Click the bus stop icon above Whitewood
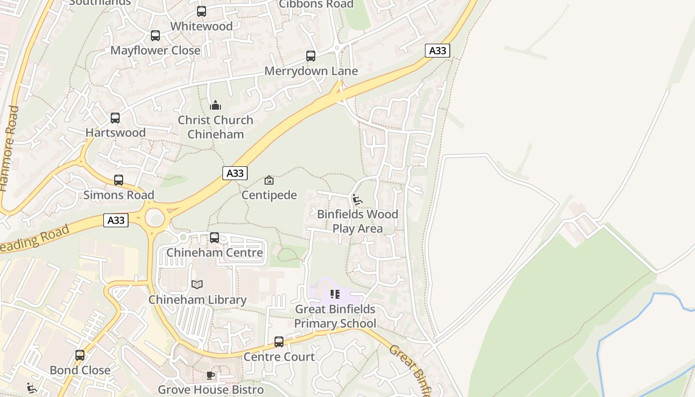[202, 11]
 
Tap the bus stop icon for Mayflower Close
[155, 36]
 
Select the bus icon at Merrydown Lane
[311, 56]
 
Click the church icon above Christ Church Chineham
[215, 105]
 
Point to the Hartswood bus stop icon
[115, 118]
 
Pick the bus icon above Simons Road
[119, 180]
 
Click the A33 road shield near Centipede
[235, 173]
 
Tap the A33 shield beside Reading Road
[116, 220]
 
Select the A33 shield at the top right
[437, 51]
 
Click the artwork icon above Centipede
[269, 180]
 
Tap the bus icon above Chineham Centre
[214, 238]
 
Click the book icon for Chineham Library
[197, 285]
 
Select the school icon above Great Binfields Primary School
[335, 294]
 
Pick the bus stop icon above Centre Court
[279, 342]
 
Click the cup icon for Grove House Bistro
[210, 375]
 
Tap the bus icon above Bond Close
[80, 355]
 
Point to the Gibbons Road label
[316, 4]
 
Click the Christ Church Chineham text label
[215, 127]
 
